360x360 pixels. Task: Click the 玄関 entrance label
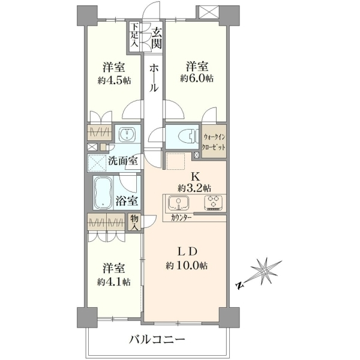(x=157, y=38)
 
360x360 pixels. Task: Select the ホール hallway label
(x=154, y=78)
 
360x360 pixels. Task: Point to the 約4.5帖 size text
(x=114, y=80)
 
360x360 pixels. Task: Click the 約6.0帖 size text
(x=197, y=79)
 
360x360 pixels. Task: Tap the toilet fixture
(x=187, y=137)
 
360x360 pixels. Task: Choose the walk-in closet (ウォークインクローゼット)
(x=214, y=142)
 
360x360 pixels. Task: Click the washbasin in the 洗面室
(x=127, y=134)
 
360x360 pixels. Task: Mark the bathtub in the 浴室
(x=103, y=193)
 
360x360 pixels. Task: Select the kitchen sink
(x=179, y=203)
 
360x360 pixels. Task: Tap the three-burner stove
(x=213, y=203)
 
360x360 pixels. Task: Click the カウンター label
(x=181, y=218)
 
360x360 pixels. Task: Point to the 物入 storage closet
(x=134, y=223)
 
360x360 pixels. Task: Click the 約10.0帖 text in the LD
(x=187, y=266)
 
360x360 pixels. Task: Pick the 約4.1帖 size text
(x=113, y=282)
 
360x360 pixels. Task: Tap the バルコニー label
(x=157, y=340)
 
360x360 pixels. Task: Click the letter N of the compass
(x=239, y=286)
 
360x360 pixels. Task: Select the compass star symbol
(x=266, y=272)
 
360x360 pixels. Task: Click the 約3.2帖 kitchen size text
(x=194, y=188)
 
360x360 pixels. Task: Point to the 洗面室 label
(x=123, y=161)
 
